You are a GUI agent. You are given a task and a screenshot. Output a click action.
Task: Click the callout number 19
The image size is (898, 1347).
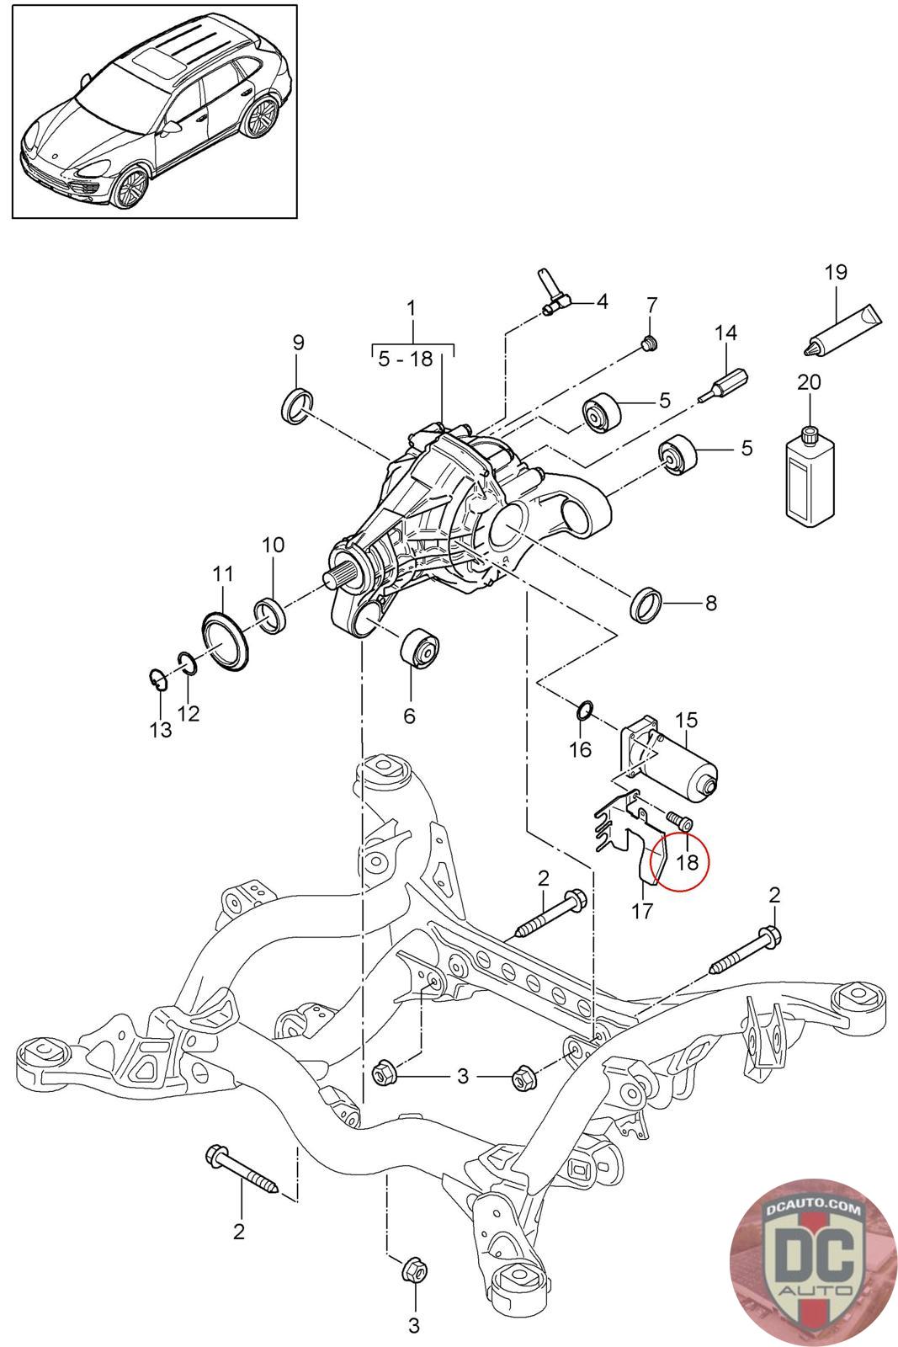(836, 272)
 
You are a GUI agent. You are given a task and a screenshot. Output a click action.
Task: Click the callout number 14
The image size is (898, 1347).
(725, 333)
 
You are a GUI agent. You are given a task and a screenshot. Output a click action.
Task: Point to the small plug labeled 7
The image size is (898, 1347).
(649, 344)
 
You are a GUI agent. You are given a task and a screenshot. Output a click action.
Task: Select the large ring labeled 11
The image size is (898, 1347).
(226, 642)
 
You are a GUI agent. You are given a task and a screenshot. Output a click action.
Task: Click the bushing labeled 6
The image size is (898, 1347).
(420, 648)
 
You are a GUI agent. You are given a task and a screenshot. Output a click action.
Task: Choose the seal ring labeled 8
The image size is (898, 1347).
(646, 603)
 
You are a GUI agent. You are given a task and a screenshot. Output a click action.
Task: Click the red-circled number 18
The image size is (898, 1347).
(687, 862)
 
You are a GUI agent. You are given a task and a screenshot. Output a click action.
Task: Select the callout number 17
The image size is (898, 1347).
(642, 911)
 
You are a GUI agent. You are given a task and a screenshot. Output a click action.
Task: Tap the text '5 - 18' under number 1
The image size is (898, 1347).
(406, 359)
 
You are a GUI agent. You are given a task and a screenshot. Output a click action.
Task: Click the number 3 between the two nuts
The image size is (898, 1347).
(462, 1076)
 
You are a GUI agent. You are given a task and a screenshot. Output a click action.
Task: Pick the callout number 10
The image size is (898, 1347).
(273, 545)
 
